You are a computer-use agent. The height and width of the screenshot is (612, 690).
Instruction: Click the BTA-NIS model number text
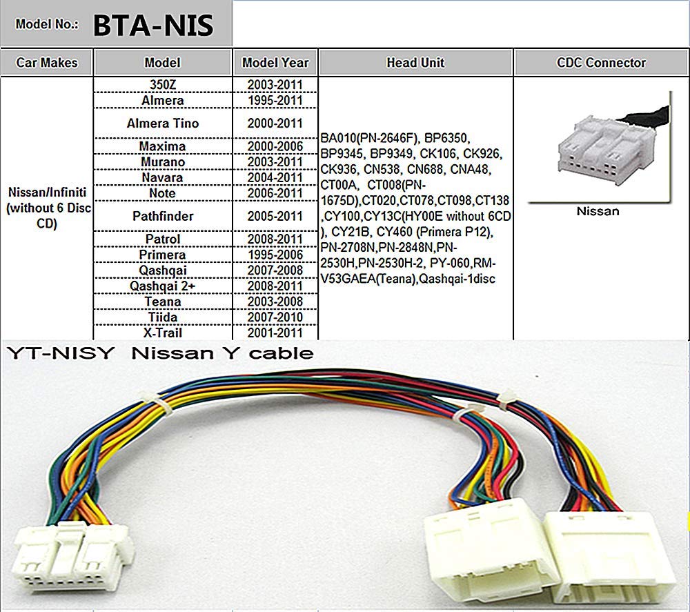coord(153,26)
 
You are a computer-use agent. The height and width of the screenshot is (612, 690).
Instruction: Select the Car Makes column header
coord(47,63)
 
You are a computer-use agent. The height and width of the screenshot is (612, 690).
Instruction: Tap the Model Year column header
coord(275,63)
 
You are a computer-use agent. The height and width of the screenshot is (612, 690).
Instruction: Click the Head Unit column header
coord(415,63)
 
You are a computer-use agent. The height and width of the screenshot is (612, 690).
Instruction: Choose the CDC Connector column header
coord(601,63)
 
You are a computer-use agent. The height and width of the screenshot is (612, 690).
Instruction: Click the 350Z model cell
coord(162,85)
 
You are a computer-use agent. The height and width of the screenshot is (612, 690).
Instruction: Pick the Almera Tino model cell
coord(162,124)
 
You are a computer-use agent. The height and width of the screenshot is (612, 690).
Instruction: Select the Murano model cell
coord(162,162)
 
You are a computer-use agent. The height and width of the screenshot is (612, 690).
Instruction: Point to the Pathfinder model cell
coord(162,216)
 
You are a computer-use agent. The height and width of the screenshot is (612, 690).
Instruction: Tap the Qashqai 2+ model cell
coord(162,286)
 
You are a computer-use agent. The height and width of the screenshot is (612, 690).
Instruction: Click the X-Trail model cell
coord(162,333)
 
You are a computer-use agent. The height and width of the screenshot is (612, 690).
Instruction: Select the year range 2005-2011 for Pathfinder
coord(275,216)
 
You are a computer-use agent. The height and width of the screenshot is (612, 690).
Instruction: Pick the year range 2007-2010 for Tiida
coord(275,317)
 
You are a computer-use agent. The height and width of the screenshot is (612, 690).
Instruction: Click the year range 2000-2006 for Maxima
coord(275,146)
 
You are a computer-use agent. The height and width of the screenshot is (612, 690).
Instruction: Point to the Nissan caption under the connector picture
coord(598,211)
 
